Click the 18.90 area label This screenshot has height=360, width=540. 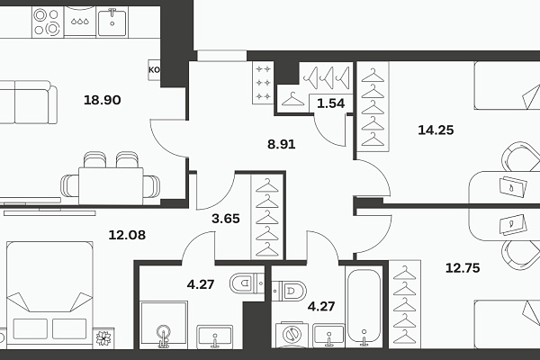pos(103,100)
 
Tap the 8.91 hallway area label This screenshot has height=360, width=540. pos(282,144)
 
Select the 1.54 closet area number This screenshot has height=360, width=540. pos(330,103)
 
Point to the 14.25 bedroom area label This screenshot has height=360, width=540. pos(436,130)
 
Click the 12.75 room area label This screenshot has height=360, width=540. pos(463,267)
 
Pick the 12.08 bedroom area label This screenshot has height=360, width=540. pos(127,235)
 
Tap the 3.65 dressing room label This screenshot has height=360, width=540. pos(226,219)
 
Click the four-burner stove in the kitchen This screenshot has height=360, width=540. pos(48,22)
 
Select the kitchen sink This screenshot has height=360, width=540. pos(112,22)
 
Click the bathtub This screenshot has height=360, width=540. pos(364,307)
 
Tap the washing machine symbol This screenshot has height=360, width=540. pos(292,335)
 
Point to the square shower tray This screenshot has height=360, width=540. pos(164,325)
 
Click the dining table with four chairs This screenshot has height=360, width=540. pos(111,179)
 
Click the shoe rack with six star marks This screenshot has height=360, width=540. pos(263,83)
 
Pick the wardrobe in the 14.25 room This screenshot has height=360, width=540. pos(373,107)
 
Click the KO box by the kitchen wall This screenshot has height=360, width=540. pos(154,70)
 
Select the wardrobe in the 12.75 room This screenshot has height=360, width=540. pos(405,304)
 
